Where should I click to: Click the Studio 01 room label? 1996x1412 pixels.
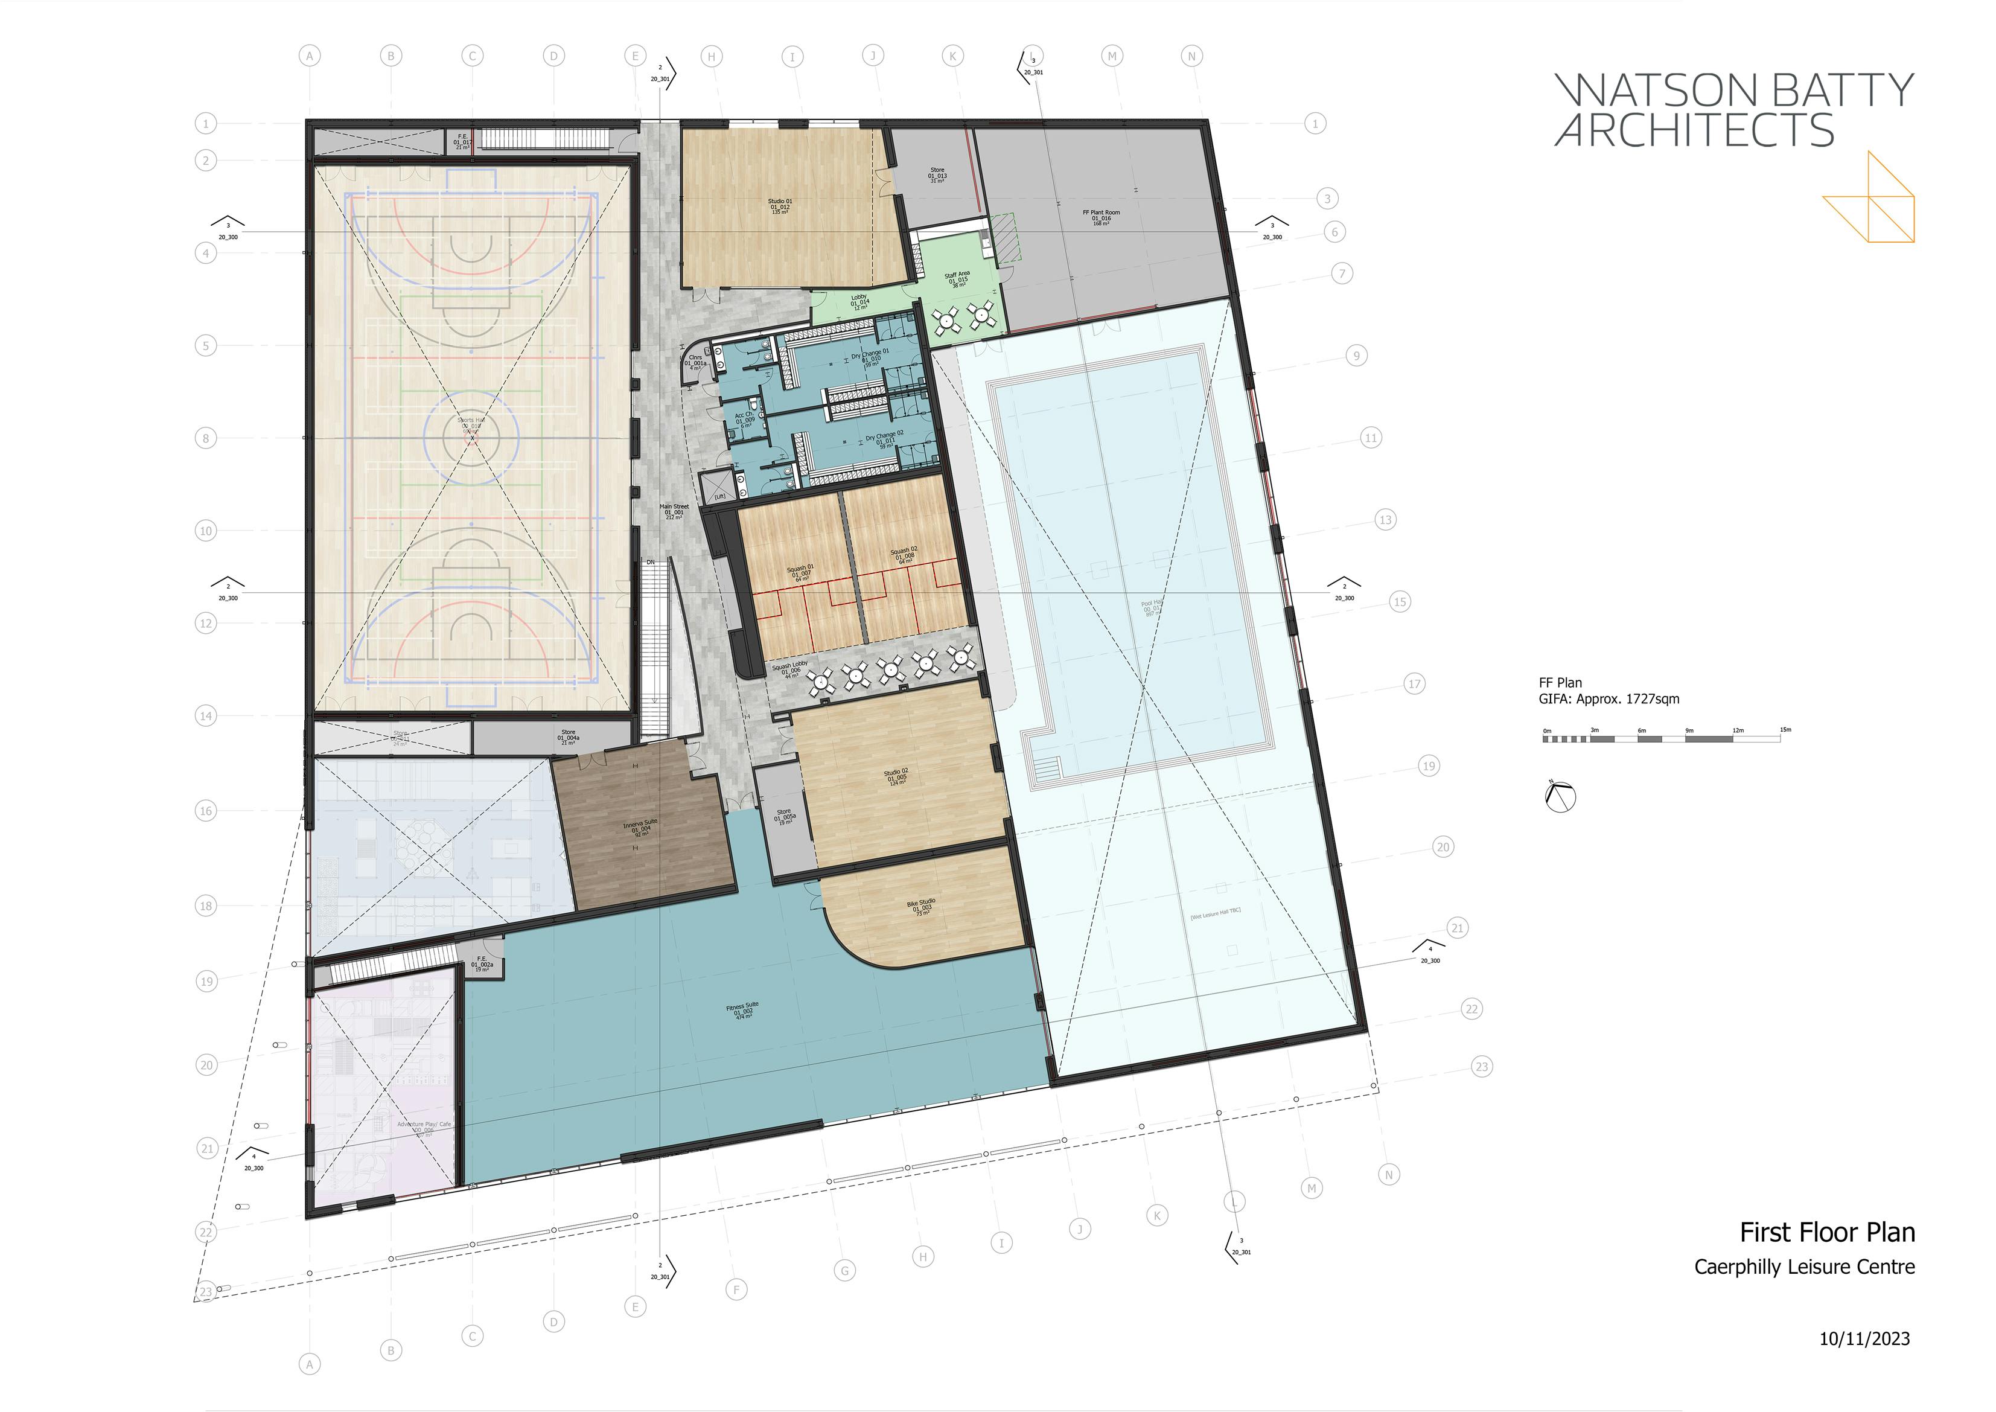coord(779,206)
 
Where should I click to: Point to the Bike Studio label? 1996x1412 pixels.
coord(922,907)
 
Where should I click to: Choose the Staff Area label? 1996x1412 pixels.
coord(957,279)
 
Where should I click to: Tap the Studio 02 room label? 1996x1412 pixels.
coord(896,776)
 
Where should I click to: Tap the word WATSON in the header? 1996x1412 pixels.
coord(1652,91)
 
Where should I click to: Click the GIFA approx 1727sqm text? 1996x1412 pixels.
coord(1609,699)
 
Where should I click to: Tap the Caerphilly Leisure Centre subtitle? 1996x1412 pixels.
coord(1804,1268)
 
